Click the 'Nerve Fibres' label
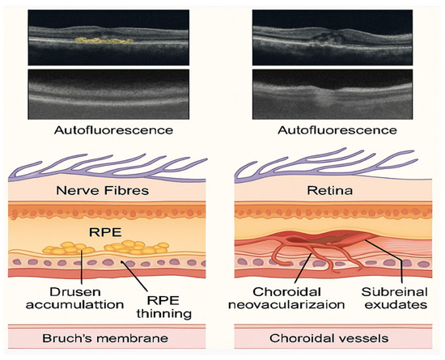(x=112, y=191)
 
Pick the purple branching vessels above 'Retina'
(x=324, y=162)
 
